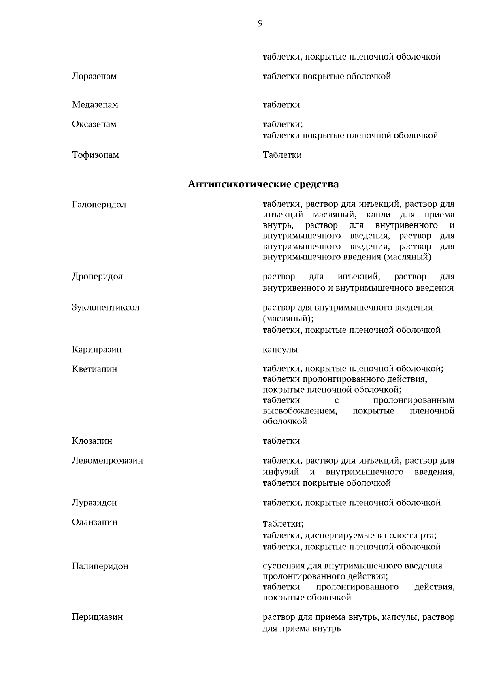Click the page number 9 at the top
[260, 23]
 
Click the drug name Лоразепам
[94, 77]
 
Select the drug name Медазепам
[95, 105]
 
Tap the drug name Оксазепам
[94, 124]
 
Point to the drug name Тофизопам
[96, 155]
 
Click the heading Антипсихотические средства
[263, 185]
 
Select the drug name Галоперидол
[99, 204]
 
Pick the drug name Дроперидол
[98, 277]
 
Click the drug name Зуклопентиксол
[106, 307]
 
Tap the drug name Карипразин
[97, 349]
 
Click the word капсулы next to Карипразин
[280, 349]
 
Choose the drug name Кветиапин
[95, 369]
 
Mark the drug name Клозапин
[92, 441]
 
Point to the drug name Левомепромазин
[107, 461]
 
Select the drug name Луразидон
[94, 503]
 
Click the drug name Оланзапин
[95, 522]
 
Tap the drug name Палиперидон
[100, 566]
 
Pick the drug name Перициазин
[97, 617]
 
